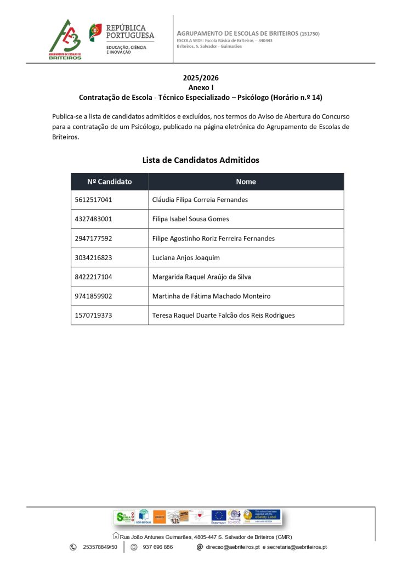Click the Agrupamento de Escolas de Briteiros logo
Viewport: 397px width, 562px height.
click(x=65, y=40)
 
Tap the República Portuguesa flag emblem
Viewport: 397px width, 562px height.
click(x=95, y=32)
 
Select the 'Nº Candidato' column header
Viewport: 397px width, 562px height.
click(x=110, y=182)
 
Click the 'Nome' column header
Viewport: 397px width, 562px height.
click(x=246, y=182)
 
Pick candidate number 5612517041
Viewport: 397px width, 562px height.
click(x=93, y=200)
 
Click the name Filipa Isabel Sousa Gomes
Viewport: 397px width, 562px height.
click(x=190, y=219)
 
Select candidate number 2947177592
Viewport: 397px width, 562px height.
click(x=93, y=238)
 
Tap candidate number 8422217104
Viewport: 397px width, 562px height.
click(x=93, y=277)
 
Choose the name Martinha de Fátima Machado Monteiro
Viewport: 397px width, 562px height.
click(x=211, y=296)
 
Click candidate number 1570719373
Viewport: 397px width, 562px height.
click(x=93, y=315)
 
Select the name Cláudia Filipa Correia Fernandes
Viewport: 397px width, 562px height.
click(x=200, y=200)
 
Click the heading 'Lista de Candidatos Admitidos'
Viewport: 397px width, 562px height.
click(x=201, y=160)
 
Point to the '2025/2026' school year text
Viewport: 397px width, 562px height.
click(x=201, y=78)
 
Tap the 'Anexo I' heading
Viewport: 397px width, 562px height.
click(x=201, y=87)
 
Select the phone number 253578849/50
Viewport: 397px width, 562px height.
click(x=100, y=547)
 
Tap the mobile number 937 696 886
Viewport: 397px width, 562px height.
click(x=157, y=547)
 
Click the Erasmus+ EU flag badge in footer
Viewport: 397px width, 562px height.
click(x=219, y=516)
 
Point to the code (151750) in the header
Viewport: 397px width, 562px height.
click(x=310, y=34)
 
